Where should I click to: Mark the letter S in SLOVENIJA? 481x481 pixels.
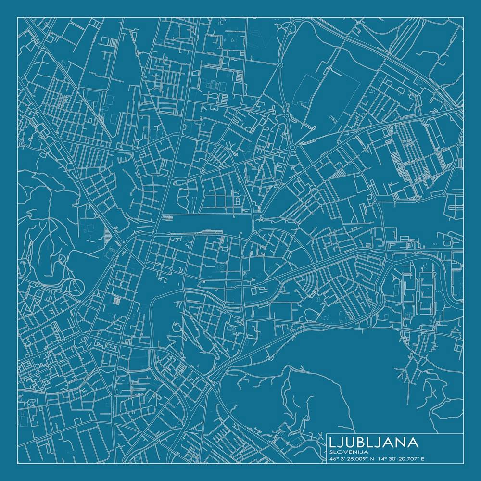331,452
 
